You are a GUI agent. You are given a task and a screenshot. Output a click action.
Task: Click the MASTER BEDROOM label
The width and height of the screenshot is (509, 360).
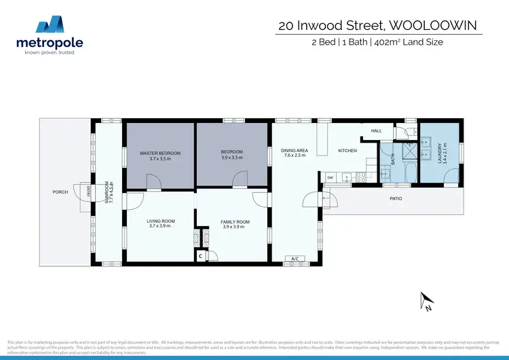160,153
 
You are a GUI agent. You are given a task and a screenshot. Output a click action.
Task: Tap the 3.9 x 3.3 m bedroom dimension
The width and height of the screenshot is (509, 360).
231,158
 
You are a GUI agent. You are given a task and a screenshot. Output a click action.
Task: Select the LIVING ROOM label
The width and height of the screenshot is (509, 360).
161,221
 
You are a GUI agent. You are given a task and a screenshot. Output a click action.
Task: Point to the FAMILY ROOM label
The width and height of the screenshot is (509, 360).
235,222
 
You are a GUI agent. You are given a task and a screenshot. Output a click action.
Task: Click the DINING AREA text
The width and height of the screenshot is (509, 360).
295,150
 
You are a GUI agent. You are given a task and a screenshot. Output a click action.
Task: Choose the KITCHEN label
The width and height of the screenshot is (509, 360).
347,150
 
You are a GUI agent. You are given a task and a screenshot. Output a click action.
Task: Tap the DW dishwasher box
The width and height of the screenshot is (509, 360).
330,177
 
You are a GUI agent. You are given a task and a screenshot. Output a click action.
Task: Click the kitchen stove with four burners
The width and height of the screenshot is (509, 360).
361,178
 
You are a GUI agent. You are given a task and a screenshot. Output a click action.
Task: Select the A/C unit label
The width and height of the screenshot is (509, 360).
295,259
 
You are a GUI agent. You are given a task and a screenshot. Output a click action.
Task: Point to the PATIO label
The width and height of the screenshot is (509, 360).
396,199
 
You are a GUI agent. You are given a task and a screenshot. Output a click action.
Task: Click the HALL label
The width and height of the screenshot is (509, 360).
376,131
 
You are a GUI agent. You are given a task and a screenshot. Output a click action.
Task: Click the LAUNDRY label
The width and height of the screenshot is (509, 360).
440,154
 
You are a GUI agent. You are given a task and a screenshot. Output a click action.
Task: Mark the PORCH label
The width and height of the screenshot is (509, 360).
60,192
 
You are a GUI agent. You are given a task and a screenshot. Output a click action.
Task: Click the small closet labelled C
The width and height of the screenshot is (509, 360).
201,257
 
